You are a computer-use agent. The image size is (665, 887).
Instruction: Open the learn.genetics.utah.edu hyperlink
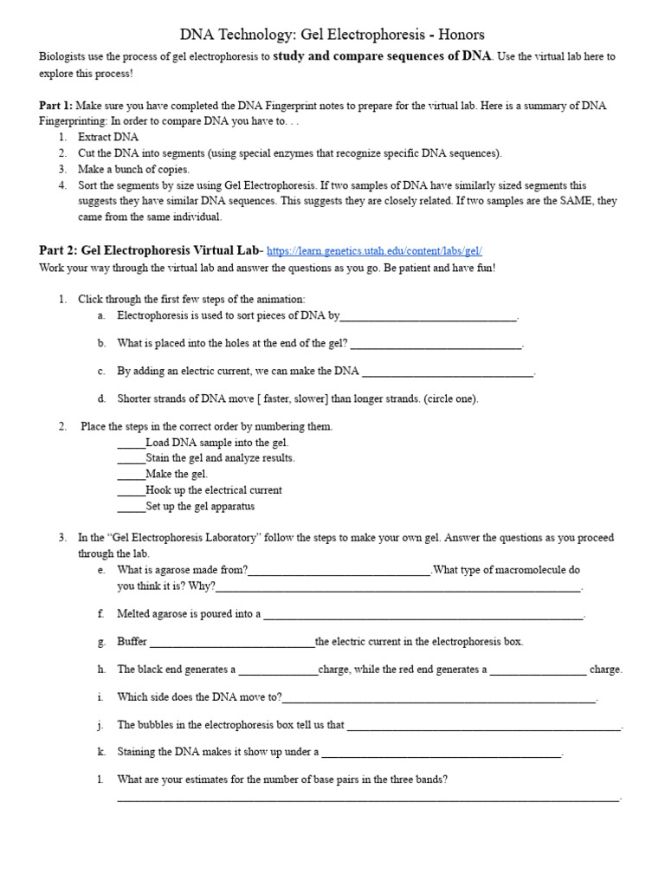[x=374, y=250]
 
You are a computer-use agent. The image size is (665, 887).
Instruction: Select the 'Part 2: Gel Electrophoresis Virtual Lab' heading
[x=148, y=249]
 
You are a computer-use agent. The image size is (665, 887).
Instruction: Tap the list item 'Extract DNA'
[x=107, y=137]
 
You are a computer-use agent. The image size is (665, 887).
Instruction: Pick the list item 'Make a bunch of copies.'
[x=133, y=169]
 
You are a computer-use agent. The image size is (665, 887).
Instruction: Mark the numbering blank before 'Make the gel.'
[x=131, y=475]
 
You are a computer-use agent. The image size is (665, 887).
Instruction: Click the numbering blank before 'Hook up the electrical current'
[x=131, y=491]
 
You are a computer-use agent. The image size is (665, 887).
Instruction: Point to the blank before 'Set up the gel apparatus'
[x=131, y=507]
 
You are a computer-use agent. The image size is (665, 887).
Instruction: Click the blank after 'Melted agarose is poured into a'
[x=423, y=615]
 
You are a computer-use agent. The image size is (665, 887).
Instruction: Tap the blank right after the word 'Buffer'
[x=231, y=643]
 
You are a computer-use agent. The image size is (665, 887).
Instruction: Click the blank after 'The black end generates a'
[x=278, y=670]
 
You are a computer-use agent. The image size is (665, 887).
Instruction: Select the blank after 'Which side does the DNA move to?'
[x=439, y=698]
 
